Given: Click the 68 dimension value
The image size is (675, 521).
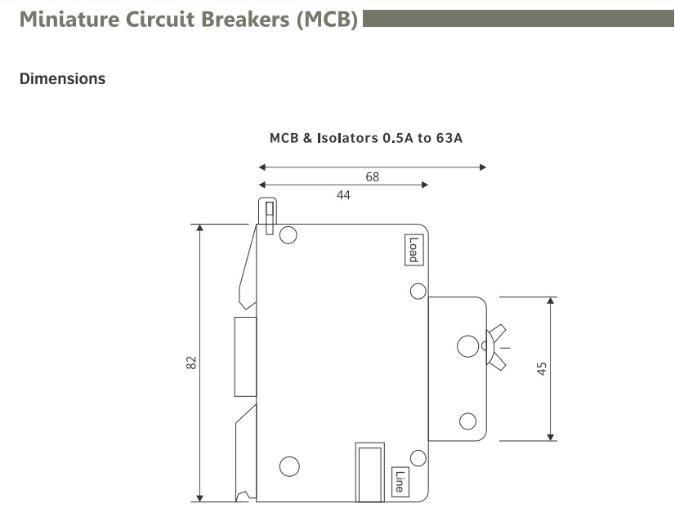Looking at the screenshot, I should click(372, 176).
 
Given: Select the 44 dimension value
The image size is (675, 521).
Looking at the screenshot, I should click(343, 195).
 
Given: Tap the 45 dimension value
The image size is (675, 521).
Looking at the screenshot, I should click(541, 368).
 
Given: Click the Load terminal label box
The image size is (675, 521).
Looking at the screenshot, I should click(413, 250).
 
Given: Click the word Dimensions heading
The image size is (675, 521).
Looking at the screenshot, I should click(62, 79).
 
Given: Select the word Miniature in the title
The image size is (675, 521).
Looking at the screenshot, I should click(68, 20).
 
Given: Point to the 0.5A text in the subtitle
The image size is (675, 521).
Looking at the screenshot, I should click(399, 138).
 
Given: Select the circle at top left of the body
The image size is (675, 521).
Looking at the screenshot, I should click(288, 236).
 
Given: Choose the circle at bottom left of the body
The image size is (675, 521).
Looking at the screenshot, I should click(289, 466).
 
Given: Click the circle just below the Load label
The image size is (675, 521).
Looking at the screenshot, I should click(418, 292).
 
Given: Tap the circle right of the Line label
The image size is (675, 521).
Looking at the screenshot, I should click(418, 458).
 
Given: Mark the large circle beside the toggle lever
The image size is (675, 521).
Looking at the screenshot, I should click(468, 347).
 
